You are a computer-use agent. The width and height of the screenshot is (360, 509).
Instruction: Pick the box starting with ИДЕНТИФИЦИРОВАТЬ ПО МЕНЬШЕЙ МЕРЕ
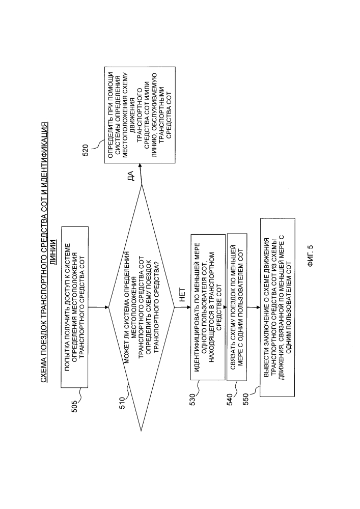coord(207,307)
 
